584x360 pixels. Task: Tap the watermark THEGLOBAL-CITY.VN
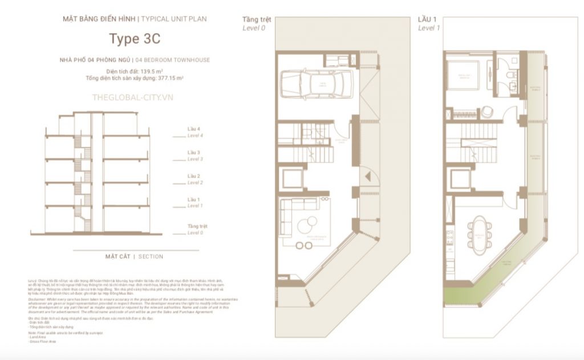[x=132, y=98]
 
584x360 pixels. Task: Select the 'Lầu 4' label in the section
[x=194, y=130]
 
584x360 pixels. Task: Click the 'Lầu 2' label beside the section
[x=194, y=176]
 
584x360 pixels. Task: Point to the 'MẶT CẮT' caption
[x=117, y=257]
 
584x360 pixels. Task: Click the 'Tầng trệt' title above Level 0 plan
[x=257, y=19]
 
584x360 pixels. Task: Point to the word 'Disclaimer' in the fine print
[x=38, y=300]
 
